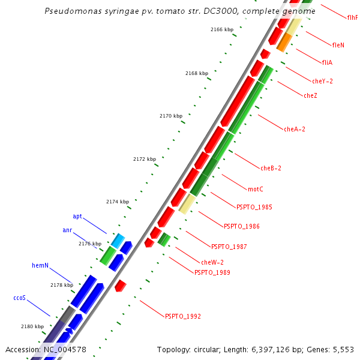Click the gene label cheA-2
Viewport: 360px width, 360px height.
295,129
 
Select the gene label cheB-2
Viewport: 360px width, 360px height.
271,168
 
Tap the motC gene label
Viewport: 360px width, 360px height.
256,189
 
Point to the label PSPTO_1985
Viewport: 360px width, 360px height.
254,207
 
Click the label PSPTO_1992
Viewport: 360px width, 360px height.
182,316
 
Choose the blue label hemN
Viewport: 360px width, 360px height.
40,265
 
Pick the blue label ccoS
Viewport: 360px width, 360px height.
20,298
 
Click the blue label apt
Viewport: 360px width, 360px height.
77,216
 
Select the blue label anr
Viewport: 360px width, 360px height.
67,230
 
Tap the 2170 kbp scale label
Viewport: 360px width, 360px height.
170,116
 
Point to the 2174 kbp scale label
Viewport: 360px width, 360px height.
118,202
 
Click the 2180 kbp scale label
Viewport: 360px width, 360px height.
32,326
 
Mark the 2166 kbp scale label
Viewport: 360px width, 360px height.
222,29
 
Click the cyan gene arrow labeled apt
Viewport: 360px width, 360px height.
118,241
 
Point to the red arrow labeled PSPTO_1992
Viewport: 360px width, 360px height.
120,286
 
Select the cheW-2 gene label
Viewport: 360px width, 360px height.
212,262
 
